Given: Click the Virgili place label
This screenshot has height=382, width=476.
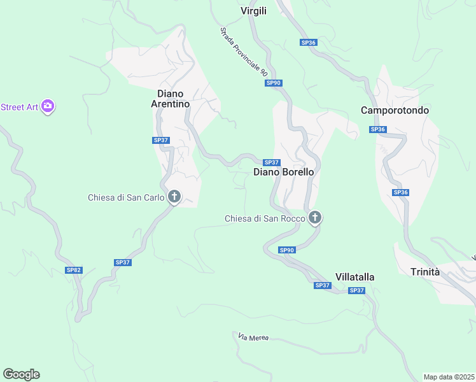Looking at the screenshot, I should point(253,11).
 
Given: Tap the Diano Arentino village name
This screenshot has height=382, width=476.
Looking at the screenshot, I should point(169,99).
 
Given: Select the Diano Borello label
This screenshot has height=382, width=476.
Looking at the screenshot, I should point(284,172).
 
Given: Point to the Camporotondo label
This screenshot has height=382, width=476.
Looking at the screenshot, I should point(395,110).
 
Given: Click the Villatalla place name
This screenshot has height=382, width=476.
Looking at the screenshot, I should point(354,277).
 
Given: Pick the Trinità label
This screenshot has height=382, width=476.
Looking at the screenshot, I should point(425,272).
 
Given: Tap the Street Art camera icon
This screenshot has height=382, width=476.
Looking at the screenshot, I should point(48,106).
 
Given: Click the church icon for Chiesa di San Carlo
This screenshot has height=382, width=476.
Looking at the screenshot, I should point(174,197).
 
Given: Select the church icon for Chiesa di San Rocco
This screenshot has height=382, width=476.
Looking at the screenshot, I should point(314,218).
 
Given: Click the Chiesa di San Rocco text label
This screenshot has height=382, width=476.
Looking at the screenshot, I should point(265,219).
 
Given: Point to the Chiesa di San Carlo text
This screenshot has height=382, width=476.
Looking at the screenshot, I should point(127,197).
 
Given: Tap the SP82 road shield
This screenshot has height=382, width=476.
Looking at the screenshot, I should point(74,270).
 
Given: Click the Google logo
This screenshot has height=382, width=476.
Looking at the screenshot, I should point(21,374).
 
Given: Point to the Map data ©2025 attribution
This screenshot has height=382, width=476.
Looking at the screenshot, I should point(449,377).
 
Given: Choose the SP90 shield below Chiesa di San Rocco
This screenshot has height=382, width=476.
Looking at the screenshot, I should point(288,250).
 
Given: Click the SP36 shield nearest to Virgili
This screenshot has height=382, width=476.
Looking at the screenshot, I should point(309,42).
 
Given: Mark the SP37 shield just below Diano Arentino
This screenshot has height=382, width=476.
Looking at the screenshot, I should point(161,140).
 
